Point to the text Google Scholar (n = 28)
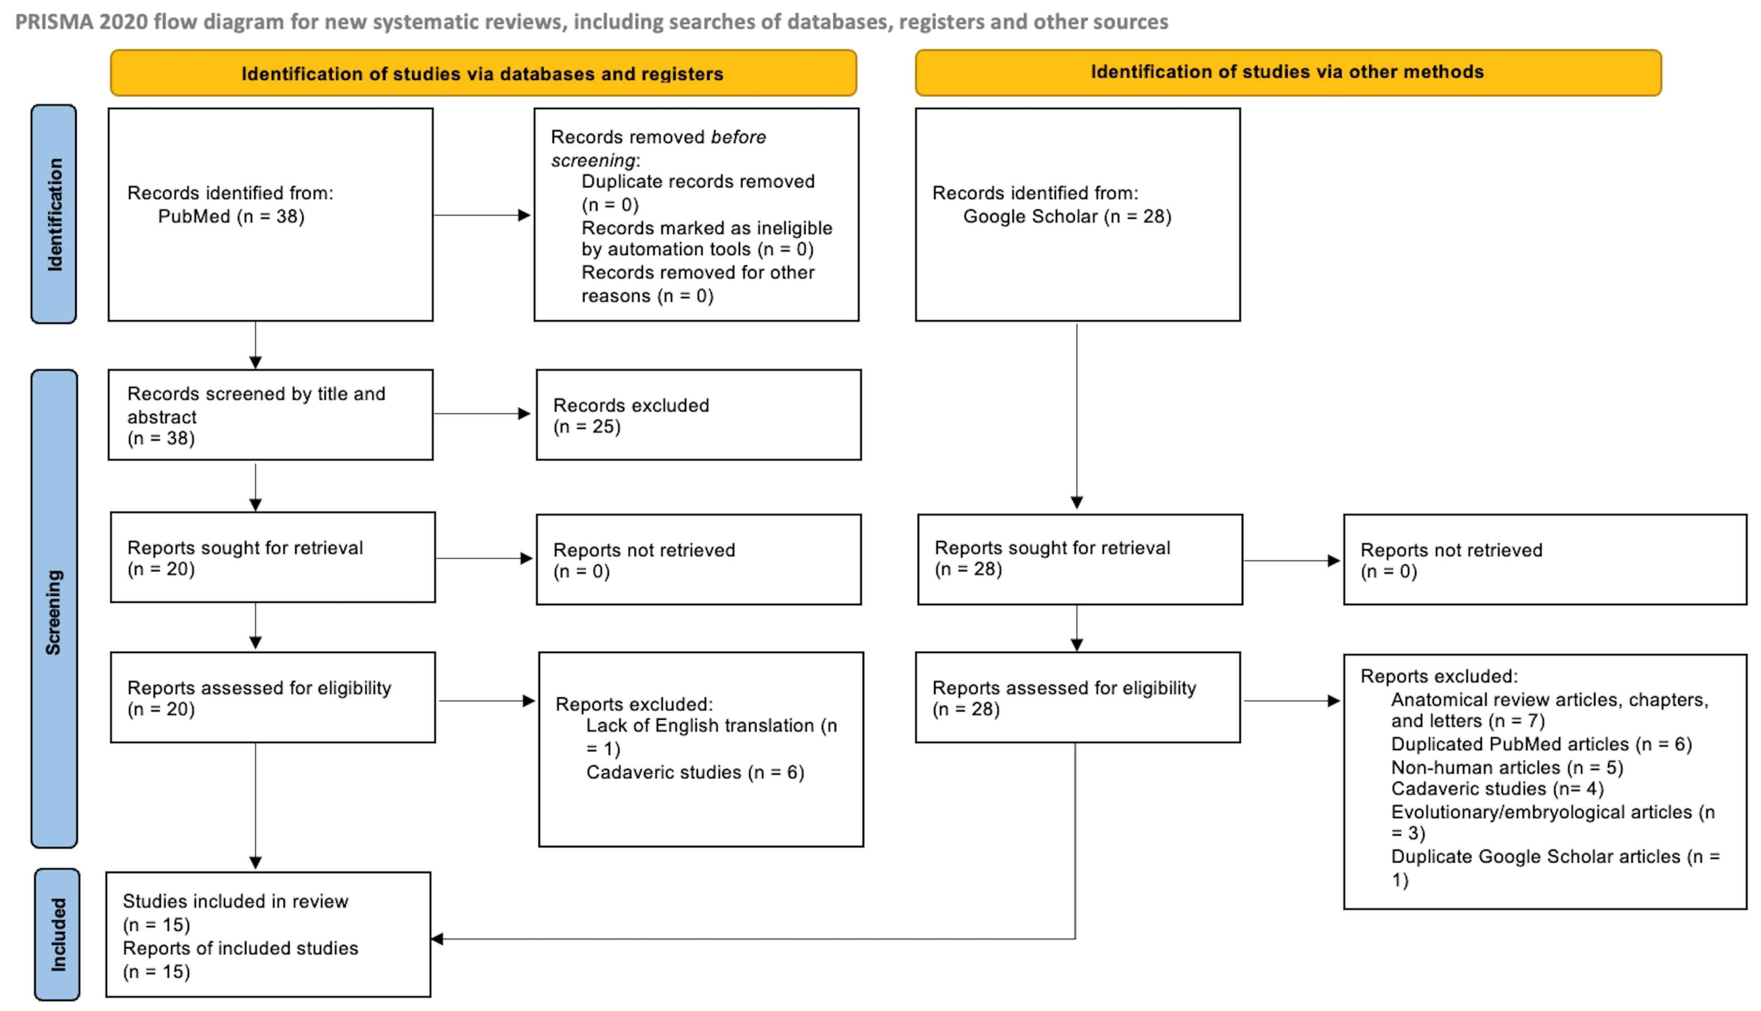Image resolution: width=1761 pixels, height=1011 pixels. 1067,217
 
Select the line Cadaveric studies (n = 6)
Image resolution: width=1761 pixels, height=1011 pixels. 694,772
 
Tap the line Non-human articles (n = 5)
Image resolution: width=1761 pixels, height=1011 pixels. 1507,767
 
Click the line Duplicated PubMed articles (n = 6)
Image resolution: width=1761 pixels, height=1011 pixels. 1541,744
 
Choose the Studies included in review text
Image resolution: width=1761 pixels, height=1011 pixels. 235,901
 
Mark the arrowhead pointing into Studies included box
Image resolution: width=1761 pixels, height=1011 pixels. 437,939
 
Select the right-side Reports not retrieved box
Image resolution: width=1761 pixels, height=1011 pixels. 1544,560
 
